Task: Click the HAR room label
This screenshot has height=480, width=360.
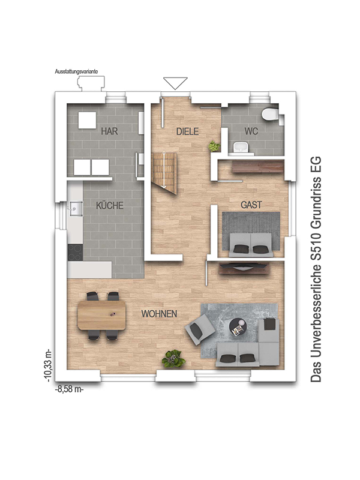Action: (109, 131)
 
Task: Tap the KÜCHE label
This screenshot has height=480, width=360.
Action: (109, 205)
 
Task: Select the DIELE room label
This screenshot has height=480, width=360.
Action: (187, 131)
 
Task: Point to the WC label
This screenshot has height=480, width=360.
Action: (250, 131)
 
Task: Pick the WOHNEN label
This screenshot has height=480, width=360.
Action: (158, 314)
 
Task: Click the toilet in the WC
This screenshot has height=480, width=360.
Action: (269, 115)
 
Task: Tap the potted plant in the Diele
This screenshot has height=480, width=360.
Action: (214, 146)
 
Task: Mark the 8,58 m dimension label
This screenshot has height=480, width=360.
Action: (69, 389)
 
